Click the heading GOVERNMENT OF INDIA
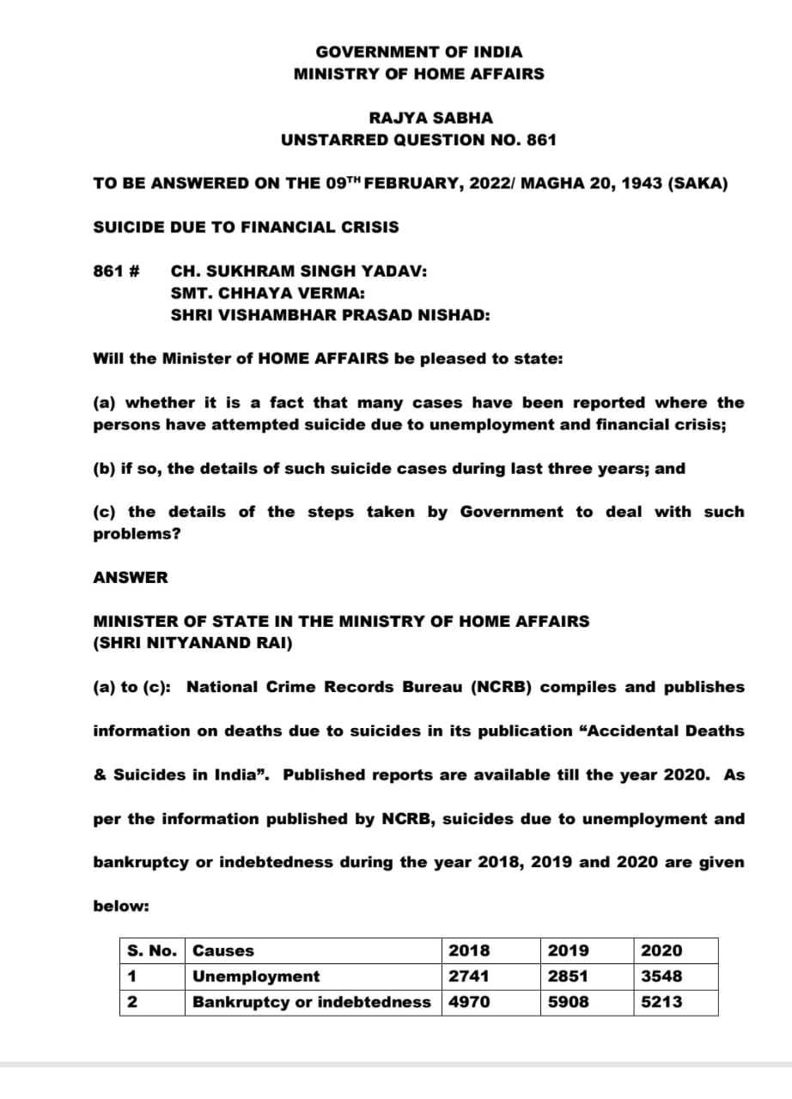tap(418, 52)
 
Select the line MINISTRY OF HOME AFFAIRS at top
tap(418, 74)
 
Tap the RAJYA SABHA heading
tap(419, 118)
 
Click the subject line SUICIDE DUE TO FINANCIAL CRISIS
tap(246, 228)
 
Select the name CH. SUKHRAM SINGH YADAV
tap(299, 271)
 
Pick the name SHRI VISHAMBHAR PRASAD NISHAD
tap(331, 315)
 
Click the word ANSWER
tap(131, 577)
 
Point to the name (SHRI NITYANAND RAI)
tap(192, 642)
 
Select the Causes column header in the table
tap(223, 950)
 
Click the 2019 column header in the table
tap(568, 950)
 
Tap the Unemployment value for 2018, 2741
tap(469, 976)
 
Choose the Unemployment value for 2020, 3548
tap(661, 976)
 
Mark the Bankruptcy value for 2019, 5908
tap(568, 1002)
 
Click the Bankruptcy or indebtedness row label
tap(312, 1002)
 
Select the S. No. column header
tap(152, 950)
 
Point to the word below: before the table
tap(121, 906)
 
